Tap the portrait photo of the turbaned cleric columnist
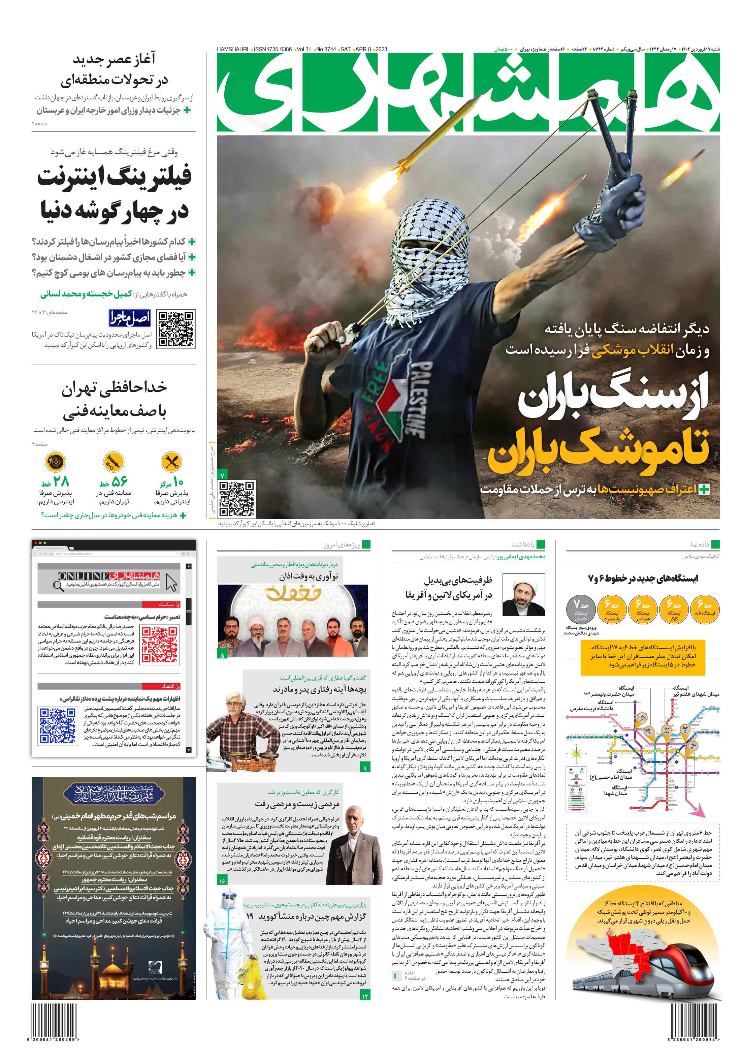pos(523,595)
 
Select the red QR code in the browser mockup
pos(159,645)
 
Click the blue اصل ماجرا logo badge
pos(130,317)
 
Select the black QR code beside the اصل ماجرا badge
pos(176,329)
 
